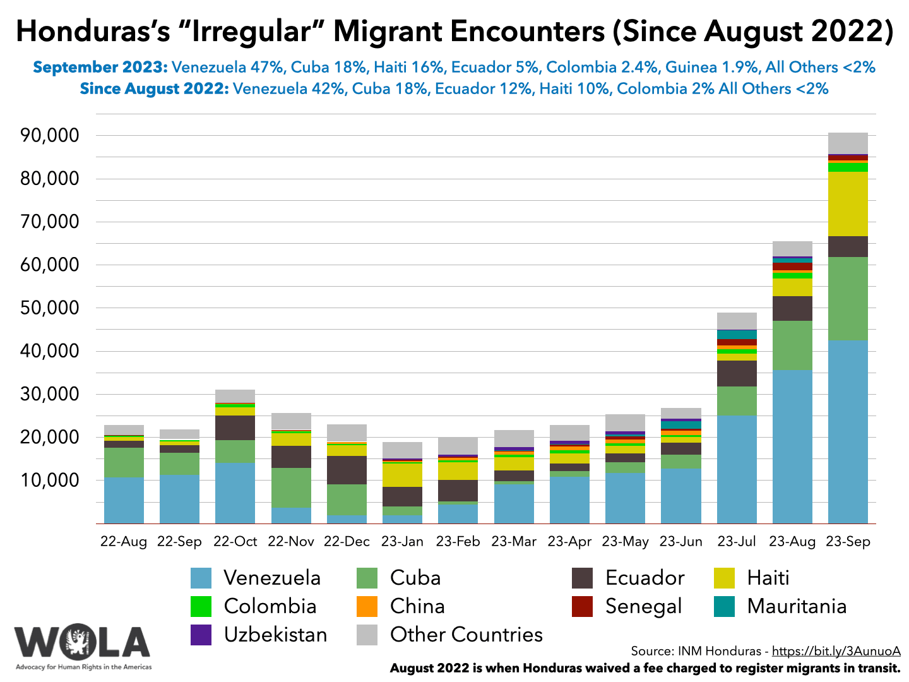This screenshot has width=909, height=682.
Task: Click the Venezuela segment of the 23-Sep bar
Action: coord(847,432)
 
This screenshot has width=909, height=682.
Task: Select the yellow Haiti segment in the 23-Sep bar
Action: coord(847,203)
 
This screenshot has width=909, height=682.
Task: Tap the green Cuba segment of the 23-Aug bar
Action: coord(792,345)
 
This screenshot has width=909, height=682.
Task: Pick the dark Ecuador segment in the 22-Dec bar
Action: coord(347,470)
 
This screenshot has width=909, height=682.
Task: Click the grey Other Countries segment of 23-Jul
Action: coord(737,321)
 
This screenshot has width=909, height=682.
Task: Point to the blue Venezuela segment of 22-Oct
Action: coord(235,493)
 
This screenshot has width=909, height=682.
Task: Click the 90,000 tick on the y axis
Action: coord(50,136)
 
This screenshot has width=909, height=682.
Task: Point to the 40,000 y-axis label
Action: coord(50,351)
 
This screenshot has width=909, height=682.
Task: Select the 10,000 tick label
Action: coord(50,481)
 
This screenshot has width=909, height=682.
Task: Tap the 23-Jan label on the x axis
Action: coord(402,542)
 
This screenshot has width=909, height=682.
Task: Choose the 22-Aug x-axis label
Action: coord(124,542)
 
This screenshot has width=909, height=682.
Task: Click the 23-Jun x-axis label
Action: coord(680,542)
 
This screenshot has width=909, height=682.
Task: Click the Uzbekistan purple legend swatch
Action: coord(201,635)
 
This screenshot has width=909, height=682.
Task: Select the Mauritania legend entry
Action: coord(797,606)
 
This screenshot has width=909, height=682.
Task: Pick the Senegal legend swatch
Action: coord(582,606)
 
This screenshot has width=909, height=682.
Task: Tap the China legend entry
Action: coord(417,606)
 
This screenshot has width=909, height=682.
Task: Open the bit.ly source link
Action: coord(836,651)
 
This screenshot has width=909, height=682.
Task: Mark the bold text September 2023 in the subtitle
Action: coord(100,67)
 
